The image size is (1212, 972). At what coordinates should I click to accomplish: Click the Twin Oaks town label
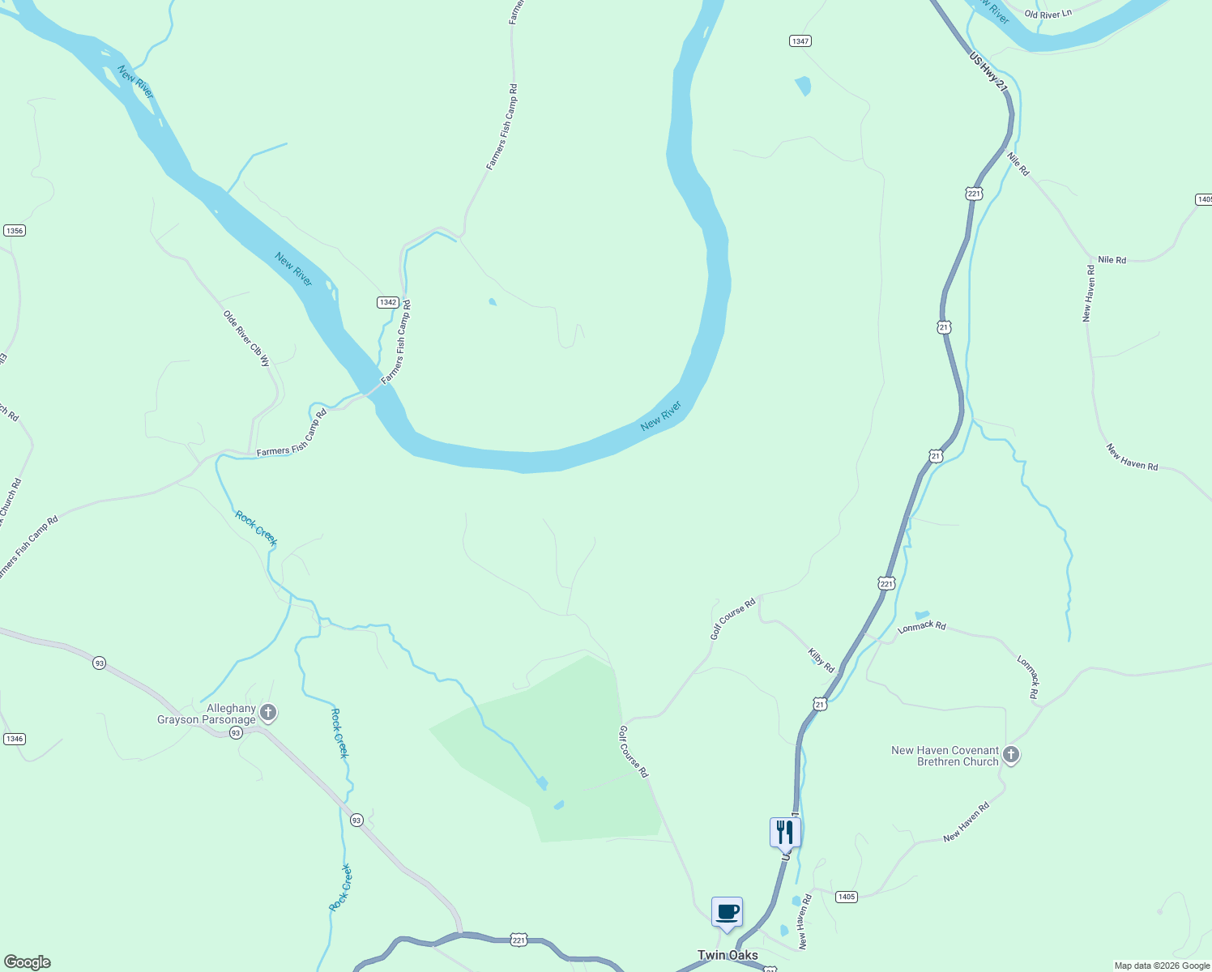click(728, 955)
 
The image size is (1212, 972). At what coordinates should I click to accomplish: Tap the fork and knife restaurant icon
click(784, 832)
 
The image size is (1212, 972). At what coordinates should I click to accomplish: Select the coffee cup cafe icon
click(727, 912)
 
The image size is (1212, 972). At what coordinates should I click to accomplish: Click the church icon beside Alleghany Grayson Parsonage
click(268, 713)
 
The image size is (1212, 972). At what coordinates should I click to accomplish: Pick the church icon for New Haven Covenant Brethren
click(1010, 755)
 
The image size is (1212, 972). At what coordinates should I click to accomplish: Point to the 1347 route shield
click(800, 40)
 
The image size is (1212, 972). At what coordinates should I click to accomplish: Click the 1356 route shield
click(15, 231)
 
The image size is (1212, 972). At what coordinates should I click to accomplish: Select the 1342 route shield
click(387, 302)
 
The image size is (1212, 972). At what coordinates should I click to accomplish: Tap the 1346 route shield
click(15, 739)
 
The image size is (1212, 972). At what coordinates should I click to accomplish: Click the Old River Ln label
click(1048, 15)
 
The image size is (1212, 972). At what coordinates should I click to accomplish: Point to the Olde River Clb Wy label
click(246, 339)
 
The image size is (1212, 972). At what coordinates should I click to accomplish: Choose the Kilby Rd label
click(821, 660)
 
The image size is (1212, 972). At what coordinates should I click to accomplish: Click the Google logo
click(27, 962)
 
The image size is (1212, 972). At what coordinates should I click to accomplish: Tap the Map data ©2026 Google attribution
click(1162, 966)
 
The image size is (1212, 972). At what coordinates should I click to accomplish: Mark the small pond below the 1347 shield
click(803, 85)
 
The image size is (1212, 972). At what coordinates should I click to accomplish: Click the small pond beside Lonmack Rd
click(922, 616)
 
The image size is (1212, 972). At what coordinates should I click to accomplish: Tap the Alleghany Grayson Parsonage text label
click(207, 714)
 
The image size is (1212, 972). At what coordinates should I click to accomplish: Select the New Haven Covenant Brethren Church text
click(945, 756)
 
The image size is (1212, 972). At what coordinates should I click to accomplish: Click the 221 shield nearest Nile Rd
click(974, 194)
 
